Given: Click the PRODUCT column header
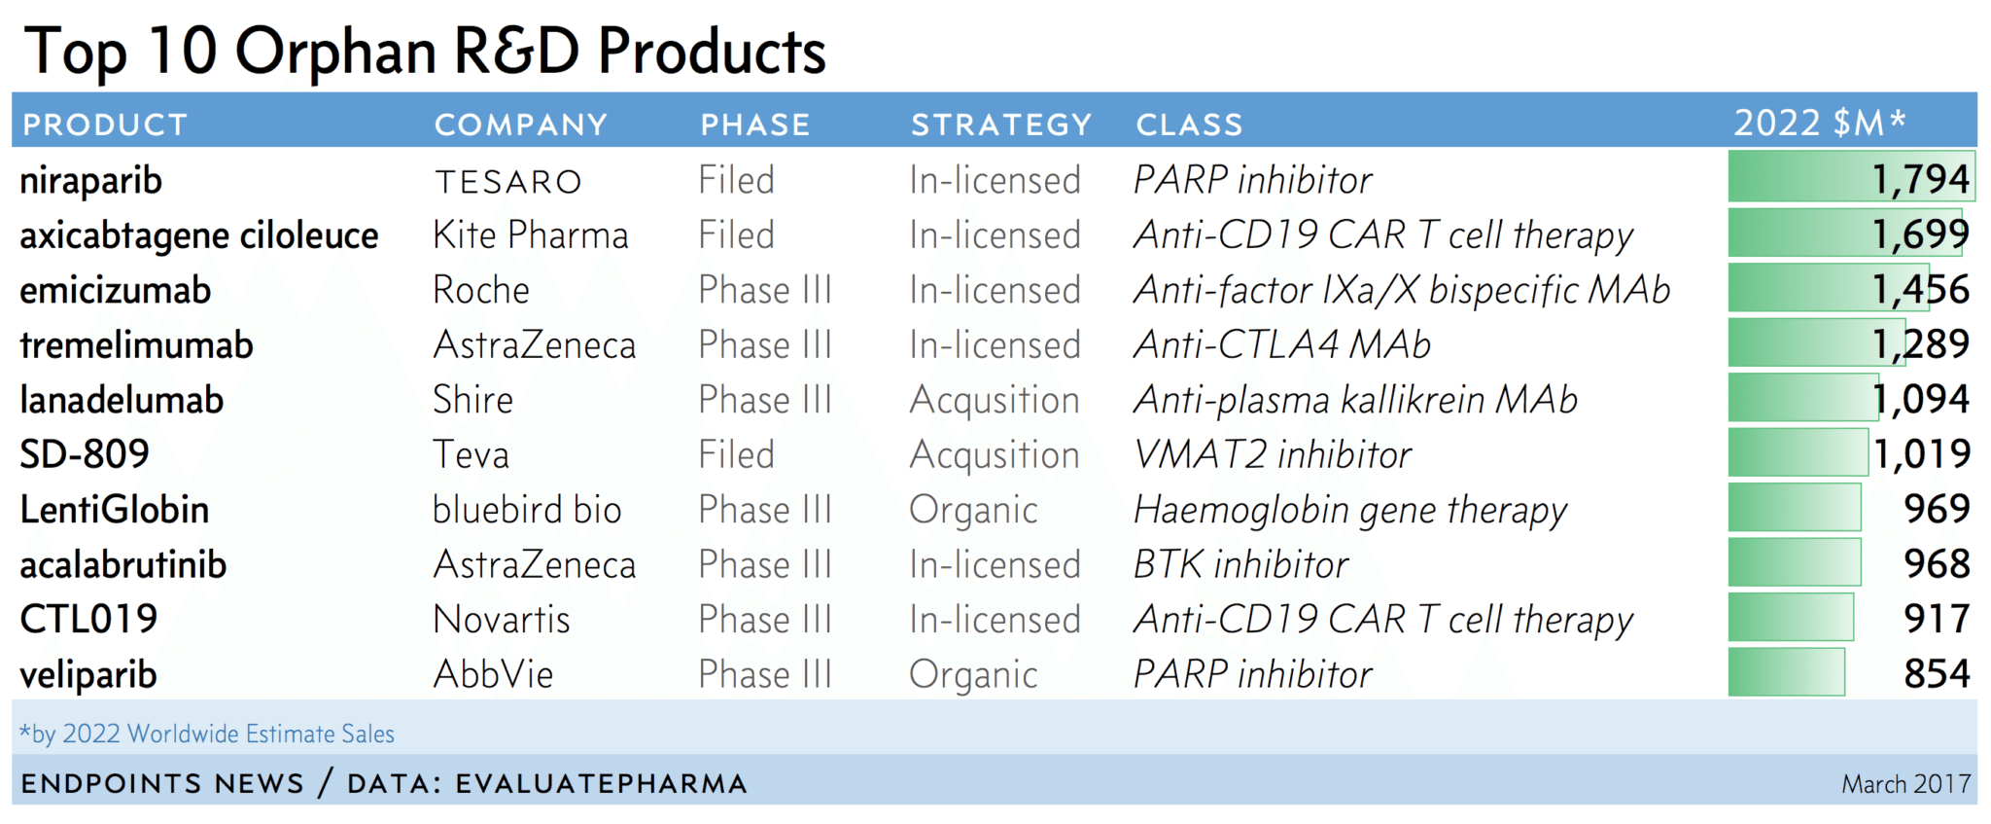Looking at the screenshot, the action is [x=105, y=125].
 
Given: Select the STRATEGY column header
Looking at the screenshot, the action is [x=1001, y=125].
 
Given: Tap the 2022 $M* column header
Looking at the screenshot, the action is [x=1820, y=123].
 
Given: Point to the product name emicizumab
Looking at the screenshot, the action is [x=116, y=290].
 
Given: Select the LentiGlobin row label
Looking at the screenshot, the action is [x=115, y=510].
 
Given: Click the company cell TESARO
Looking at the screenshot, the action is [x=508, y=182].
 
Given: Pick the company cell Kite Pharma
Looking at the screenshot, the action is [x=531, y=235].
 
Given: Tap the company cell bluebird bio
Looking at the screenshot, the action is [x=527, y=510].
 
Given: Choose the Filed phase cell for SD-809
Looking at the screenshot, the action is [x=736, y=454].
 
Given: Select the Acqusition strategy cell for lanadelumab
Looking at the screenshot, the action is [x=995, y=401].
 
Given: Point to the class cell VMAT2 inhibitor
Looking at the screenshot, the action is [x=1273, y=454].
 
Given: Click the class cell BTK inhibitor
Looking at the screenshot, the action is [x=1241, y=564].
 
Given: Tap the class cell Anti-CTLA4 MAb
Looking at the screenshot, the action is [x=1282, y=344].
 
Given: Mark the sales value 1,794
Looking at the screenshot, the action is [x=1921, y=179].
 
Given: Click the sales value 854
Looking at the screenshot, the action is [x=1938, y=673].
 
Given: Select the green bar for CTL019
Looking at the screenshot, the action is [x=1791, y=618].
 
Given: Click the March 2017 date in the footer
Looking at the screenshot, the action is [x=1905, y=784].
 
